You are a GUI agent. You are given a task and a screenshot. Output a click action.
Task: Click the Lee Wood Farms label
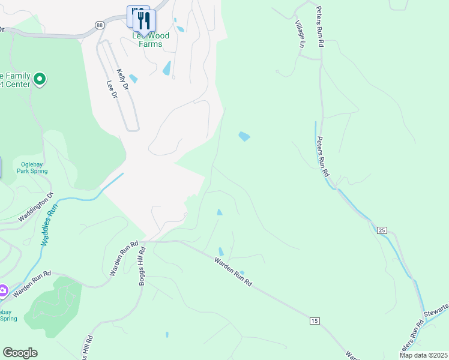click(151, 40)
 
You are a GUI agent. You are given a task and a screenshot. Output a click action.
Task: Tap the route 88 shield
click(100, 25)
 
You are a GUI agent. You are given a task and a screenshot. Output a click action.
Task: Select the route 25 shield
click(382, 230)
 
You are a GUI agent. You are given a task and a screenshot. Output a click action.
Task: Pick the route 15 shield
click(314, 322)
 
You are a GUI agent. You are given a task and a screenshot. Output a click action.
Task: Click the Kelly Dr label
click(122, 79)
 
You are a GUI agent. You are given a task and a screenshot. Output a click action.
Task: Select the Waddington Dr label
click(36, 206)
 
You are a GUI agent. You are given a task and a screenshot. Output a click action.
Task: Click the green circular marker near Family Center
click(40, 79)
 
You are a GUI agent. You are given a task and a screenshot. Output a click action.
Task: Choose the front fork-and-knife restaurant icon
click(144, 20)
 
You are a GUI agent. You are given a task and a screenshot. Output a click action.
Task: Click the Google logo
click(20, 353)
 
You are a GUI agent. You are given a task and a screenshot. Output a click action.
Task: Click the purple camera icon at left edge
click(3, 291)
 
